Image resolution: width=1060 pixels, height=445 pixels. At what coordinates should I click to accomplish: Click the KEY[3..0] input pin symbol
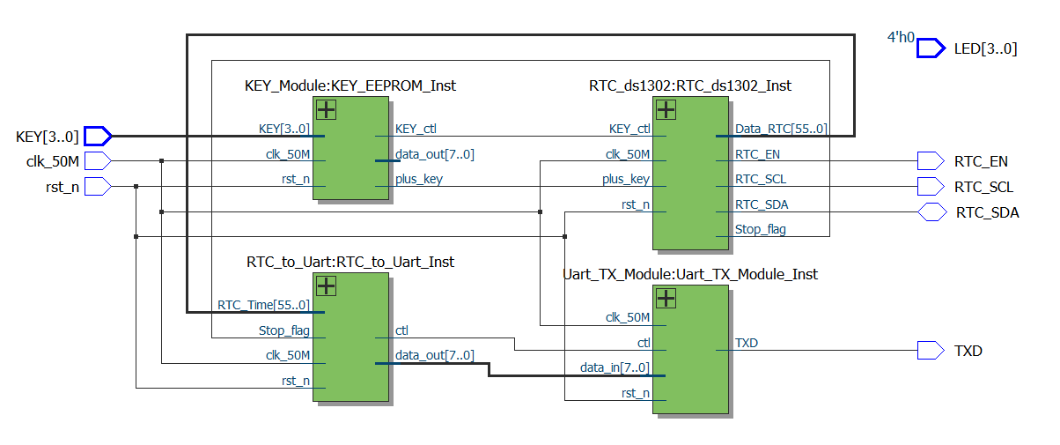[98, 136]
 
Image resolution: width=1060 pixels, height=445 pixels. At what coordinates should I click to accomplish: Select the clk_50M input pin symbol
[97, 160]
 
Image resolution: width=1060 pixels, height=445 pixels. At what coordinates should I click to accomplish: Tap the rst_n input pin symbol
[97, 186]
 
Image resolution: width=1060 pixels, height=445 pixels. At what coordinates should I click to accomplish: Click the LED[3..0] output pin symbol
[931, 48]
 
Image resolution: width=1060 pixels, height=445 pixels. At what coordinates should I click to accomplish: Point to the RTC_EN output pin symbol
[930, 161]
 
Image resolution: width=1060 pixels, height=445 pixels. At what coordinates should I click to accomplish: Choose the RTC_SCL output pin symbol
[930, 186]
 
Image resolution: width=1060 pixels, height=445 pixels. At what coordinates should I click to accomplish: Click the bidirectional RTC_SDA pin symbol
[930, 211]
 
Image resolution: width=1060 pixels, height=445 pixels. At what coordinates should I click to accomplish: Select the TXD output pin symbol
[930, 351]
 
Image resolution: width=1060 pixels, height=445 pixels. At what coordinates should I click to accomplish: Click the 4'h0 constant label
[901, 38]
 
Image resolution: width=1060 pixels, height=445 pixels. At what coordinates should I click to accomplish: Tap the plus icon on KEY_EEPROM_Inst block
[326, 110]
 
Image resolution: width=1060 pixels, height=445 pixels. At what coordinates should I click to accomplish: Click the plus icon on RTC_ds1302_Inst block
[666, 110]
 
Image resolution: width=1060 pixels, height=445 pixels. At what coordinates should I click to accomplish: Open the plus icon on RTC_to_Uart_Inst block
[326, 286]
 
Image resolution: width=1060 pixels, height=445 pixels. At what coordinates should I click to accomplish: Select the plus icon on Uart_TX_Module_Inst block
[666, 298]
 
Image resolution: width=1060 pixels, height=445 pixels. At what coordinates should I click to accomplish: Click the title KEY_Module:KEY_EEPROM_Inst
[350, 85]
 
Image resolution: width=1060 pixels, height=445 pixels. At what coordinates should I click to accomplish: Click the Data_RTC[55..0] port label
[781, 130]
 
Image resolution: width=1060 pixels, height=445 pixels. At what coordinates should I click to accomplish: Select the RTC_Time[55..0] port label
[263, 305]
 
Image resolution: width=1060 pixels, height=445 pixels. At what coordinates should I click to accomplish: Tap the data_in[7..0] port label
[615, 367]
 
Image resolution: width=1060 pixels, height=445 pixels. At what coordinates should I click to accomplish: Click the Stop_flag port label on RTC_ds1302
[761, 229]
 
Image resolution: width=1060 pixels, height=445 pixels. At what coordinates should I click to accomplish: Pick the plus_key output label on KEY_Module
[419, 179]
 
